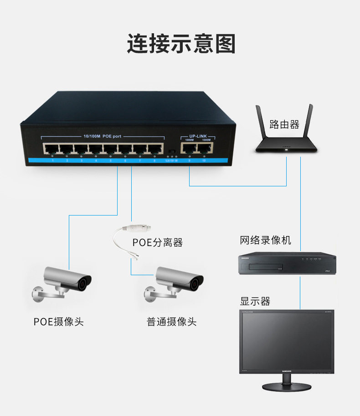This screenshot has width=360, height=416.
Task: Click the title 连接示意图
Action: point(181,44)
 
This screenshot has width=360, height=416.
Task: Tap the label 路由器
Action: point(284,124)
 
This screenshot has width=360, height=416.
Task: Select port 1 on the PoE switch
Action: point(51,149)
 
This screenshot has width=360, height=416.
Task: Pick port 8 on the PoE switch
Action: point(155,149)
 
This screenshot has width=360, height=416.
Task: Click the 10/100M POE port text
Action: point(103,136)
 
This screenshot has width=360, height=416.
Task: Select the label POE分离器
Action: point(158,242)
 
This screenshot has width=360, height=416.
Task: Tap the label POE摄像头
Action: point(59,322)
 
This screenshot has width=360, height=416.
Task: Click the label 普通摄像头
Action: point(171,322)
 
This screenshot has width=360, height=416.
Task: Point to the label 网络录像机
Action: point(266,240)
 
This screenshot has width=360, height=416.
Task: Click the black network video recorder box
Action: point(288,264)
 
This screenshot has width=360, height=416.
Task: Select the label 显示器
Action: point(255,301)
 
